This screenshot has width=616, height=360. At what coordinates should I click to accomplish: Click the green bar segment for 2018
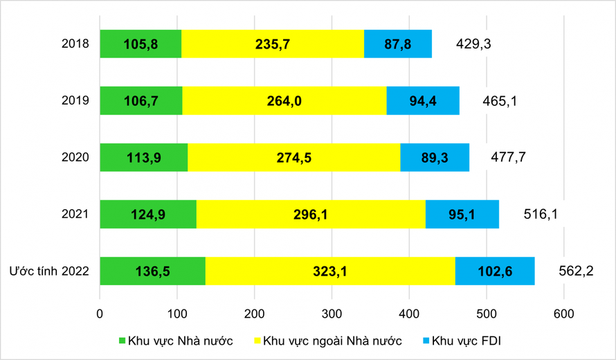pyautogui.click(x=141, y=44)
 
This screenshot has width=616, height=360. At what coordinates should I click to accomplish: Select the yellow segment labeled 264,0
pyautogui.click(x=284, y=101)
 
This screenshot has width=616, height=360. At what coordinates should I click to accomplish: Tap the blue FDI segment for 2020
pyautogui.click(x=435, y=157)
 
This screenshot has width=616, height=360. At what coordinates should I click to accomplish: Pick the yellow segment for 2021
pyautogui.click(x=311, y=214)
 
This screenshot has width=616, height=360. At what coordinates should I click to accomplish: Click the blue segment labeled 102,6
pyautogui.click(x=494, y=271)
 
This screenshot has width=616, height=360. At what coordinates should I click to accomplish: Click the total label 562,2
pyautogui.click(x=576, y=271)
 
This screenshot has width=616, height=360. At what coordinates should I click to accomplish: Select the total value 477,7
pyautogui.click(x=508, y=157)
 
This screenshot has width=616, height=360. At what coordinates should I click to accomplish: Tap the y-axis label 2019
pyautogui.click(x=75, y=101)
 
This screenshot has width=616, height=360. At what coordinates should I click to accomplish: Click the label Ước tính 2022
pyautogui.click(x=48, y=271)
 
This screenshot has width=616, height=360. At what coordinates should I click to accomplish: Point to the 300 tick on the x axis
pyautogui.click(x=332, y=313)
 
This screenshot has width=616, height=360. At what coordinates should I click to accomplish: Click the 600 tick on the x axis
pyautogui.click(x=563, y=313)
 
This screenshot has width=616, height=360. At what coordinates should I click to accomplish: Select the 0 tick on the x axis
pyautogui.click(x=100, y=313)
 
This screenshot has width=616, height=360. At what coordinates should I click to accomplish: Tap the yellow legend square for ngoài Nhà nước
pyautogui.click(x=259, y=341)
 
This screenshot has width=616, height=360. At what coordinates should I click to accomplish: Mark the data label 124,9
pyautogui.click(x=148, y=214)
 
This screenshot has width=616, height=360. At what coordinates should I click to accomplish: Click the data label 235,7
pyautogui.click(x=273, y=44)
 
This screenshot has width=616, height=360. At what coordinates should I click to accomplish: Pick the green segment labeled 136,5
pyautogui.click(x=152, y=271)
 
